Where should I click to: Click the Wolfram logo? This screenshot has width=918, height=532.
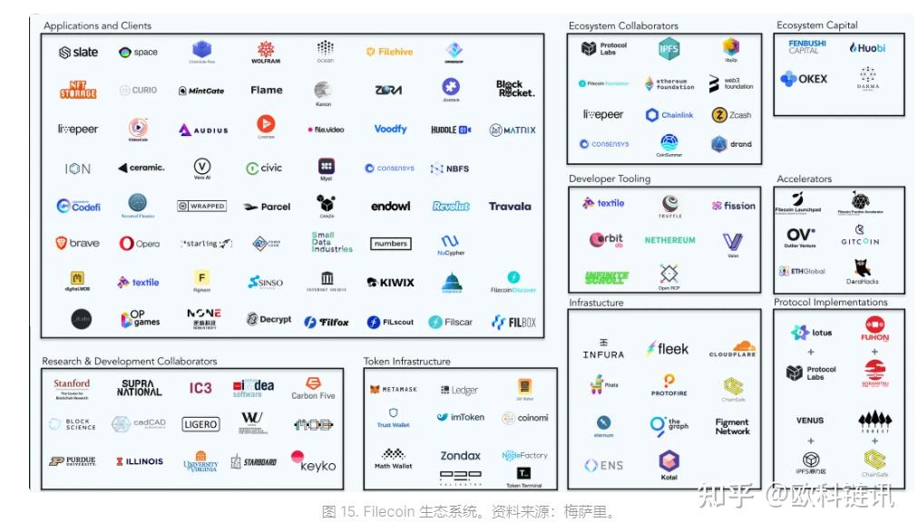tap(266, 52)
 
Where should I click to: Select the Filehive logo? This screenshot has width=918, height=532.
tap(389, 53)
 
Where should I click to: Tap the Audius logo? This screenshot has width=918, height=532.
tap(203, 131)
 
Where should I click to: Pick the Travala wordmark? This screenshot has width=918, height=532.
tap(510, 207)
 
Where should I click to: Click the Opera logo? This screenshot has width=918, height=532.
tap(140, 244)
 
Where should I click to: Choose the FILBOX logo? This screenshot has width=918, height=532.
tap(513, 322)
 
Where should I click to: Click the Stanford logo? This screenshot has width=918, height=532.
tap(72, 388)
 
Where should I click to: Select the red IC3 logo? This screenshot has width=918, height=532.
tap(200, 388)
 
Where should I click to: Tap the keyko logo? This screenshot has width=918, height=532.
tap(313, 462)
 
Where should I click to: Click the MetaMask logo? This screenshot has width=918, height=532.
tap(393, 390)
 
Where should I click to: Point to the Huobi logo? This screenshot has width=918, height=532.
tap(867, 47)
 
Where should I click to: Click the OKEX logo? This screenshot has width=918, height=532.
tap(804, 80)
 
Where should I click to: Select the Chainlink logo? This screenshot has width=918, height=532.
tap(669, 115)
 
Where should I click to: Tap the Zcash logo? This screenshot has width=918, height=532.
tap(732, 115)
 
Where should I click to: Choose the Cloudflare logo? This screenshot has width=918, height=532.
tap(732, 349)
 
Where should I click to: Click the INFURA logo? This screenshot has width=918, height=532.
tap(603, 349)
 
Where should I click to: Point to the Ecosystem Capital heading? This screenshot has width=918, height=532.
tap(818, 25)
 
